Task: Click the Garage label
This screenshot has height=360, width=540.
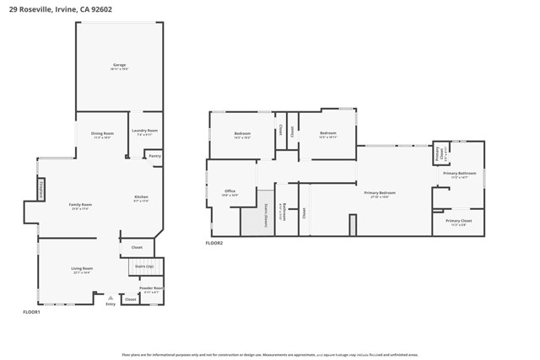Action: (x=120, y=65)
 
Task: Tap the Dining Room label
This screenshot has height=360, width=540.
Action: (x=102, y=133)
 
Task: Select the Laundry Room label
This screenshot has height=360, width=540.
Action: (x=144, y=131)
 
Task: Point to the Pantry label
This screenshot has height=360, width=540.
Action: (x=154, y=156)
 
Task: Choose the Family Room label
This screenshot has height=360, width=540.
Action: (x=80, y=205)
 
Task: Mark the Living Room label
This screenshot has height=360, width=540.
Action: (x=82, y=269)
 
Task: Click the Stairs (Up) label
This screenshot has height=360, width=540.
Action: (x=144, y=266)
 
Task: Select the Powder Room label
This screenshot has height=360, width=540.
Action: (x=152, y=288)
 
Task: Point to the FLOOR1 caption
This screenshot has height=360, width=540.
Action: (x=31, y=313)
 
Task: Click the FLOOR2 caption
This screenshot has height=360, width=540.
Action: (x=214, y=243)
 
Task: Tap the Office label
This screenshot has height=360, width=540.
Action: (x=229, y=191)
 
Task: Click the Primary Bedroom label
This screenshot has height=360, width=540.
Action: (x=380, y=193)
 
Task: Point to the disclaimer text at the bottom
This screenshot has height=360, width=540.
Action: (x=269, y=354)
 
